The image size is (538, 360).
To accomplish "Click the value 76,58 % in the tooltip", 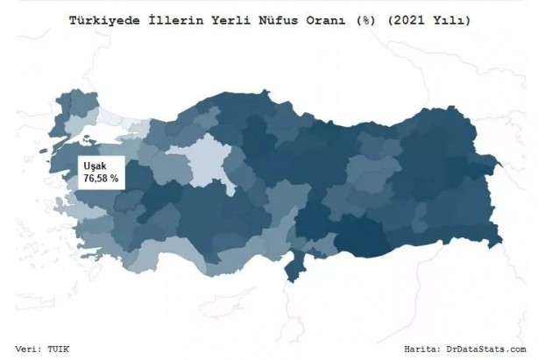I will point(101,178).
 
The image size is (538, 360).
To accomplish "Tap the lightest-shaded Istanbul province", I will point(111,122).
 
